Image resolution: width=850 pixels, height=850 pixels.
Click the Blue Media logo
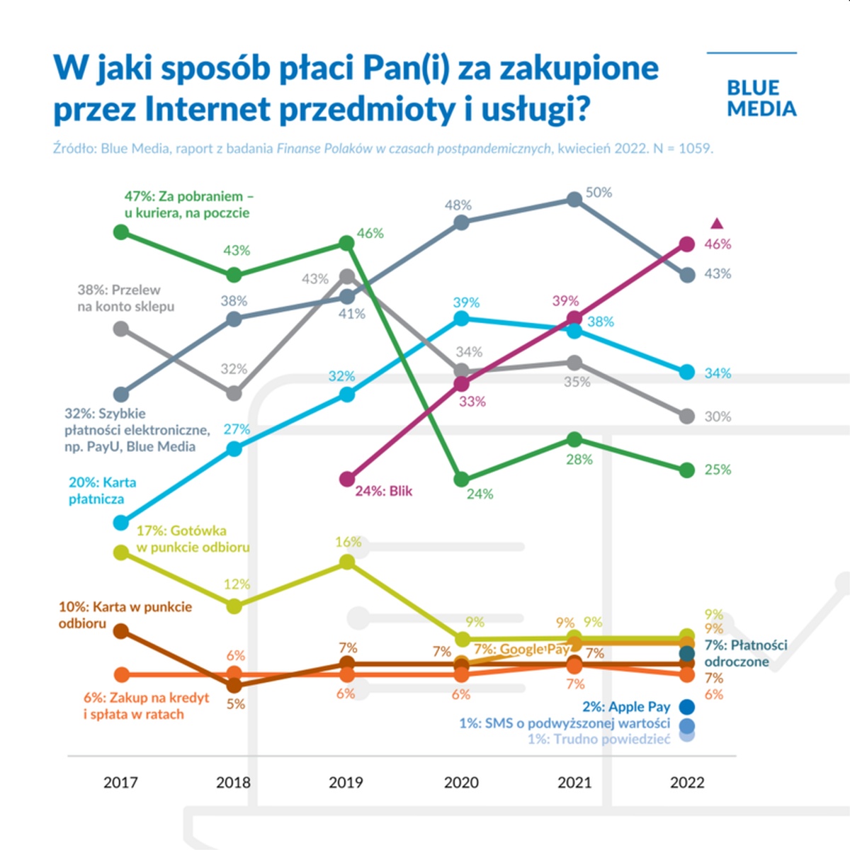(x=761, y=98)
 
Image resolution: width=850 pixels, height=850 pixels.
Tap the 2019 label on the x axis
(x=346, y=783)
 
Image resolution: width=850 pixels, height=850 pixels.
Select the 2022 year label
(x=687, y=783)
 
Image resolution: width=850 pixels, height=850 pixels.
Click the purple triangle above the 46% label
(x=716, y=224)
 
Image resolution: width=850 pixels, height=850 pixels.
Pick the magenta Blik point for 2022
(x=686, y=244)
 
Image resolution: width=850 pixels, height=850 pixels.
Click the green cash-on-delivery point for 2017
(x=121, y=232)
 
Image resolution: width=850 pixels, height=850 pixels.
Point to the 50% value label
(x=599, y=193)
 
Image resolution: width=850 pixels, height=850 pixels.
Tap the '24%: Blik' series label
(x=383, y=491)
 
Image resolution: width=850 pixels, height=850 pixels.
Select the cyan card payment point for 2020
(x=461, y=319)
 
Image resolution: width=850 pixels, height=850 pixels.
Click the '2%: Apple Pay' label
(x=626, y=707)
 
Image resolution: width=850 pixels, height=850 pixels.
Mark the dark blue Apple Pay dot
(x=686, y=707)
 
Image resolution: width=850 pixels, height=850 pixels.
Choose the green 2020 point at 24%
(x=461, y=480)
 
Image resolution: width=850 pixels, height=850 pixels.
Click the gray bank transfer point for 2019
(x=347, y=276)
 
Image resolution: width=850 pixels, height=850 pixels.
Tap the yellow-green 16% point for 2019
(x=347, y=562)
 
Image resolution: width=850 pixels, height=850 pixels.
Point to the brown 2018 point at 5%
(x=234, y=685)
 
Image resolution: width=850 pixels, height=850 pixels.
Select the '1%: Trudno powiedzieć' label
(x=599, y=739)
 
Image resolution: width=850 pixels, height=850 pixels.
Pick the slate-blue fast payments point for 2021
(x=574, y=200)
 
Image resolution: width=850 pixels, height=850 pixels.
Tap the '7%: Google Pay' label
(x=521, y=649)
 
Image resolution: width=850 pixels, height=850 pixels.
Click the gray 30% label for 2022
(x=717, y=417)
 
